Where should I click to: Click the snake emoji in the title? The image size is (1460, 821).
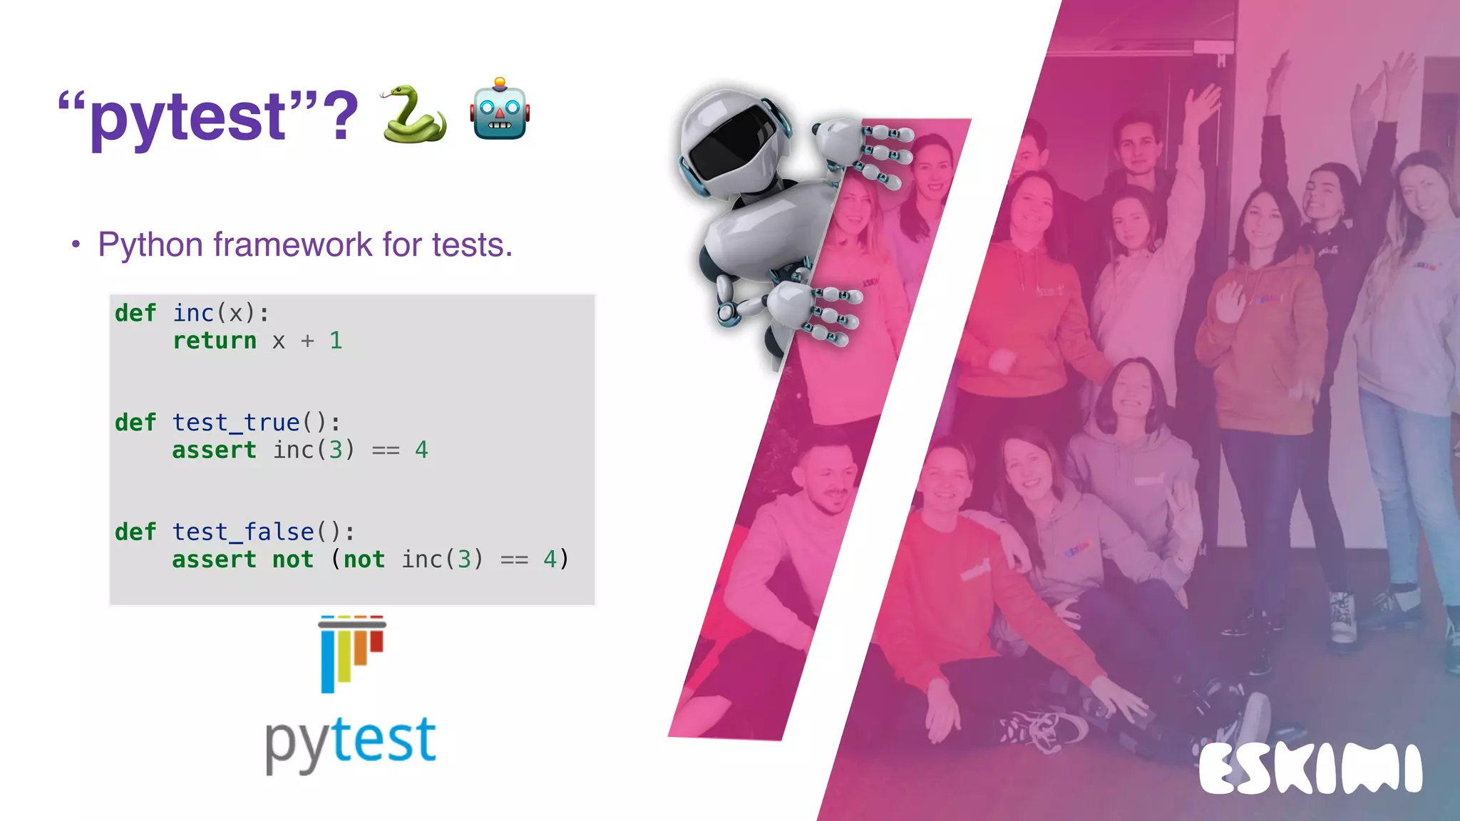click(x=413, y=114)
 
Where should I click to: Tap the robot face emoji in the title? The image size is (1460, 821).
click(x=500, y=111)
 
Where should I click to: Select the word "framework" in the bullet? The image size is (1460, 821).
click(x=292, y=244)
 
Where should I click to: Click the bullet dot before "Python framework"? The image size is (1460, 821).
click(x=76, y=245)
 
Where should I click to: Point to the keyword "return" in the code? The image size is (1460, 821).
click(x=214, y=341)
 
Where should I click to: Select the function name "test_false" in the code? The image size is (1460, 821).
click(x=243, y=532)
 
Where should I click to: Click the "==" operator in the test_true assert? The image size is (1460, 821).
click(x=386, y=450)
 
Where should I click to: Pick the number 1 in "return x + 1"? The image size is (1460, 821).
click(x=336, y=341)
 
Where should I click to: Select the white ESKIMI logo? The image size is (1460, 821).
click(x=1310, y=770)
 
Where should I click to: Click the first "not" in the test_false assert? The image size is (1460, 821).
click(x=292, y=559)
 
